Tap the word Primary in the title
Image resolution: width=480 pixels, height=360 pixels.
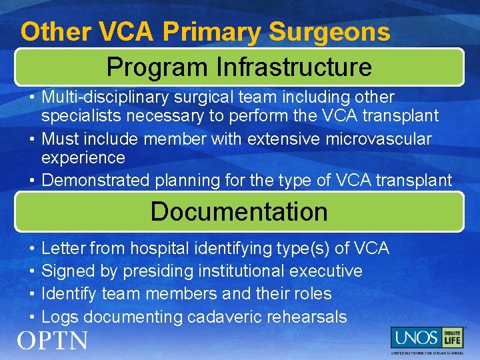click(x=212, y=31)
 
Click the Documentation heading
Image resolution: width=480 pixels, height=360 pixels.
click(x=239, y=211)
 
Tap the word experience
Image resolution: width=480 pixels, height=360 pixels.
click(x=83, y=157)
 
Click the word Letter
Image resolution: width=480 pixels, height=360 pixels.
click(x=63, y=249)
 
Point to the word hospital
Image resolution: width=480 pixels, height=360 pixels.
click(x=159, y=249)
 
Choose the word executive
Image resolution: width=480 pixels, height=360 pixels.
click(x=327, y=271)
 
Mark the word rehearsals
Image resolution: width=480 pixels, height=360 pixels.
click(x=309, y=317)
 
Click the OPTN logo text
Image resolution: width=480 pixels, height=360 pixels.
click(x=53, y=341)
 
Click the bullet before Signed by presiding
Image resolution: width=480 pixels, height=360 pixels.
click(x=32, y=271)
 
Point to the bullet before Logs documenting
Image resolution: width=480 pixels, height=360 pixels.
click(x=32, y=317)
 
